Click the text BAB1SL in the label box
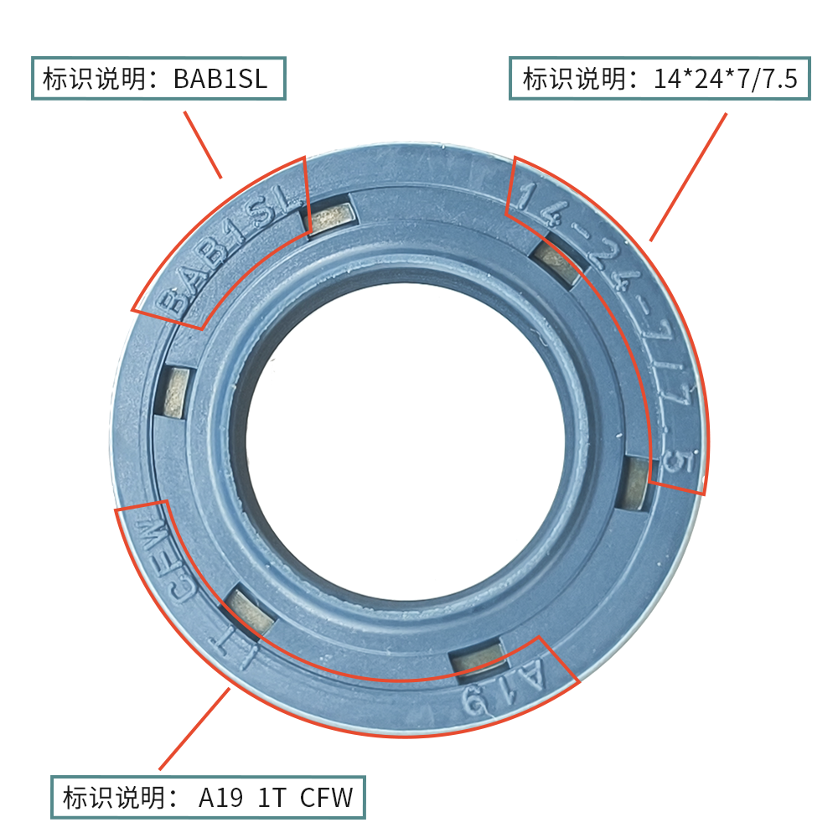[x=220, y=80]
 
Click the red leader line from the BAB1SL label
[x=202, y=144]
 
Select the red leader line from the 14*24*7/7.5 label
[x=688, y=178]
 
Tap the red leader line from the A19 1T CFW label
[x=194, y=728]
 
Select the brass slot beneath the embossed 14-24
[x=558, y=263]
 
